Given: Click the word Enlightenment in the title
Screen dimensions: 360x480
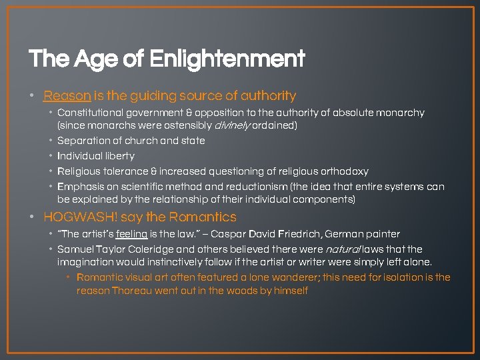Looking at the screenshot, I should coord(227,59).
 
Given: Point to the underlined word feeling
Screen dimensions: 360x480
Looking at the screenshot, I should coord(131,234).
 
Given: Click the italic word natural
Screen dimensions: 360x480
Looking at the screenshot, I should coord(344,249).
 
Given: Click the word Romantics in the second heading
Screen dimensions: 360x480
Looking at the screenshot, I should coord(203,217).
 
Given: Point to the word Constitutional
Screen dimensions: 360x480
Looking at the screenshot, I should coord(89,113).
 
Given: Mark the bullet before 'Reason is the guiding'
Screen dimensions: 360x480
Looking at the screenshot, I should coord(33,96).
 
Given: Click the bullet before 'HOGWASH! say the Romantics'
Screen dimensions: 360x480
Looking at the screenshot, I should coord(33,217).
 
